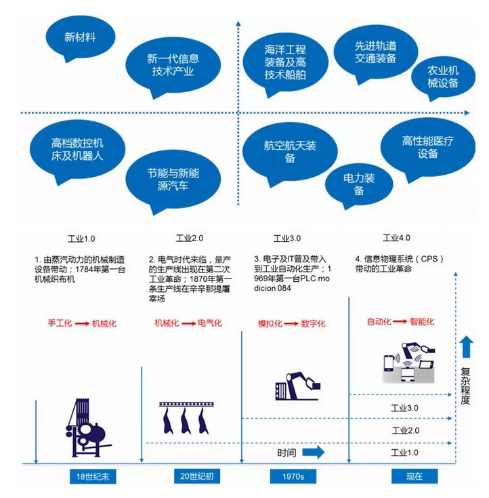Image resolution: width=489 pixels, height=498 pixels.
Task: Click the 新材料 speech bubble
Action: point(81,37)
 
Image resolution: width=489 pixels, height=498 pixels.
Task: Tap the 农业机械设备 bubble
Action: point(443,77)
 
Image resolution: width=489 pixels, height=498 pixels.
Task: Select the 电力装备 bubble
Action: point(359,184)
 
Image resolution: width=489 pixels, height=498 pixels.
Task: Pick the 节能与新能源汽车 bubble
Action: point(173,180)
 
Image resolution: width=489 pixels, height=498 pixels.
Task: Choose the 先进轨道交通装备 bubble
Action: point(376,52)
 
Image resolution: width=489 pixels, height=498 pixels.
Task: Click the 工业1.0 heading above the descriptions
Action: point(81,238)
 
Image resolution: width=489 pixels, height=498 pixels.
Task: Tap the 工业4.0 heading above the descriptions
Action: point(397,238)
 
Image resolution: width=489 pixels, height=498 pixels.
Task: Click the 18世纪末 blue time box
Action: point(93,476)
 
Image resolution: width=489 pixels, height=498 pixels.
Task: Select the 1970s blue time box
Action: point(293,476)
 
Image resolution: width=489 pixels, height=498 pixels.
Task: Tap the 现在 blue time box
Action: point(414,476)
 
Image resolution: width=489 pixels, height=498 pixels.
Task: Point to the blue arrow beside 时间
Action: point(314,453)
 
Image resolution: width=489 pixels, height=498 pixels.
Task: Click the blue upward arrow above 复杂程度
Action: point(466,347)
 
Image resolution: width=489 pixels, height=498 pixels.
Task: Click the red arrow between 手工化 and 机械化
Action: point(82,324)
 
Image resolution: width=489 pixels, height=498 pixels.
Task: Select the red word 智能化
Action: point(422,322)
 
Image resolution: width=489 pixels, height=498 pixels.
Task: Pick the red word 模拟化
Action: point(270,324)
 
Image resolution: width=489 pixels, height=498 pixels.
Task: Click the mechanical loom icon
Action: point(86,428)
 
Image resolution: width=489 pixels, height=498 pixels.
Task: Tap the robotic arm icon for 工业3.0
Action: point(297,386)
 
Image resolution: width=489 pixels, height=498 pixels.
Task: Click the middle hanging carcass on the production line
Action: point(186,421)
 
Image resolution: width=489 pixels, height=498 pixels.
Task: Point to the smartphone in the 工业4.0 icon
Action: point(389,362)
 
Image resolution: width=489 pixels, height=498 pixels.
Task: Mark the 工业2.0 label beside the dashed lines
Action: point(406,431)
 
